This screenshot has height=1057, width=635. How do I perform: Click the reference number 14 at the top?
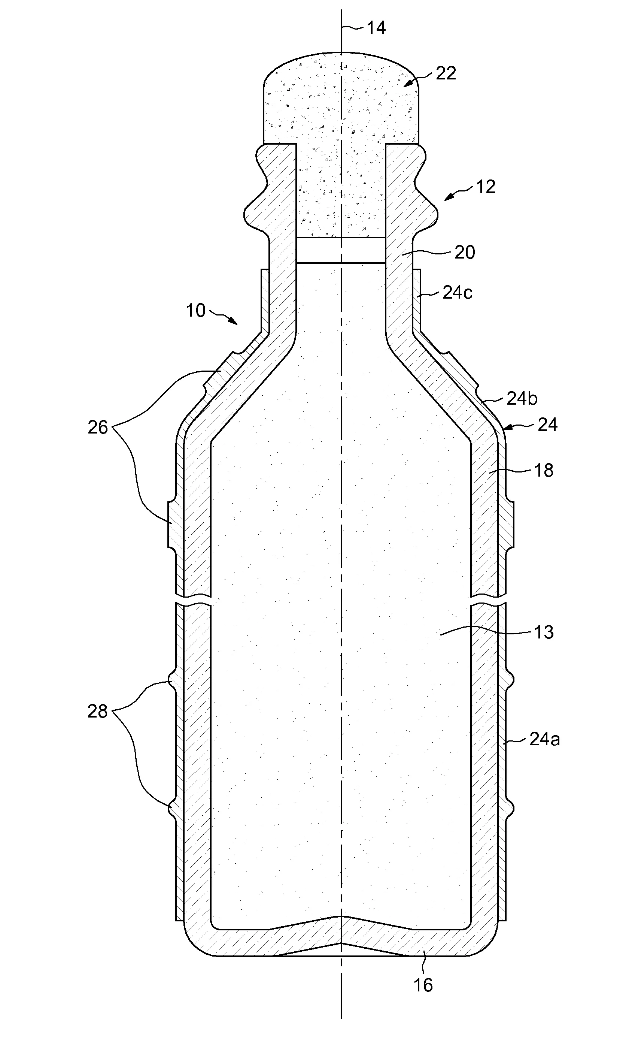pos(376,28)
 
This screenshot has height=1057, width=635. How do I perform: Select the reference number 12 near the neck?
pos(485,187)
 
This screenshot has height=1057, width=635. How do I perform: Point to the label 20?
pos(464,253)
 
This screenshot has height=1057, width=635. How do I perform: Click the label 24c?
pos(457,293)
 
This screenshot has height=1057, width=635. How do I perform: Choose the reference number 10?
pos(195,310)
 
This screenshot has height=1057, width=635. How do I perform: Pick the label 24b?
pos(522,399)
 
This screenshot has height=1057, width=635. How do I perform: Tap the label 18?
pos(543,470)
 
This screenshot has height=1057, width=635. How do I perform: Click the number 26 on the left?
pos(98,427)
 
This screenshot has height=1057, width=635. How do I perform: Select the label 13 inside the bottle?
pos(543,632)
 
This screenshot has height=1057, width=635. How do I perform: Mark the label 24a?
pos(544,739)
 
